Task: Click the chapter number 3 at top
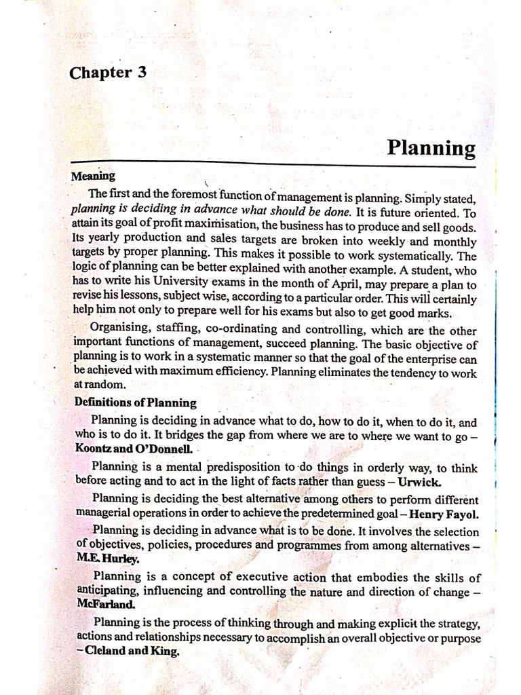[141, 73]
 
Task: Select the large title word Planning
[431, 148]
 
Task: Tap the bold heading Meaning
[93, 176]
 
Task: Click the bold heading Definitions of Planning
[135, 402]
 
